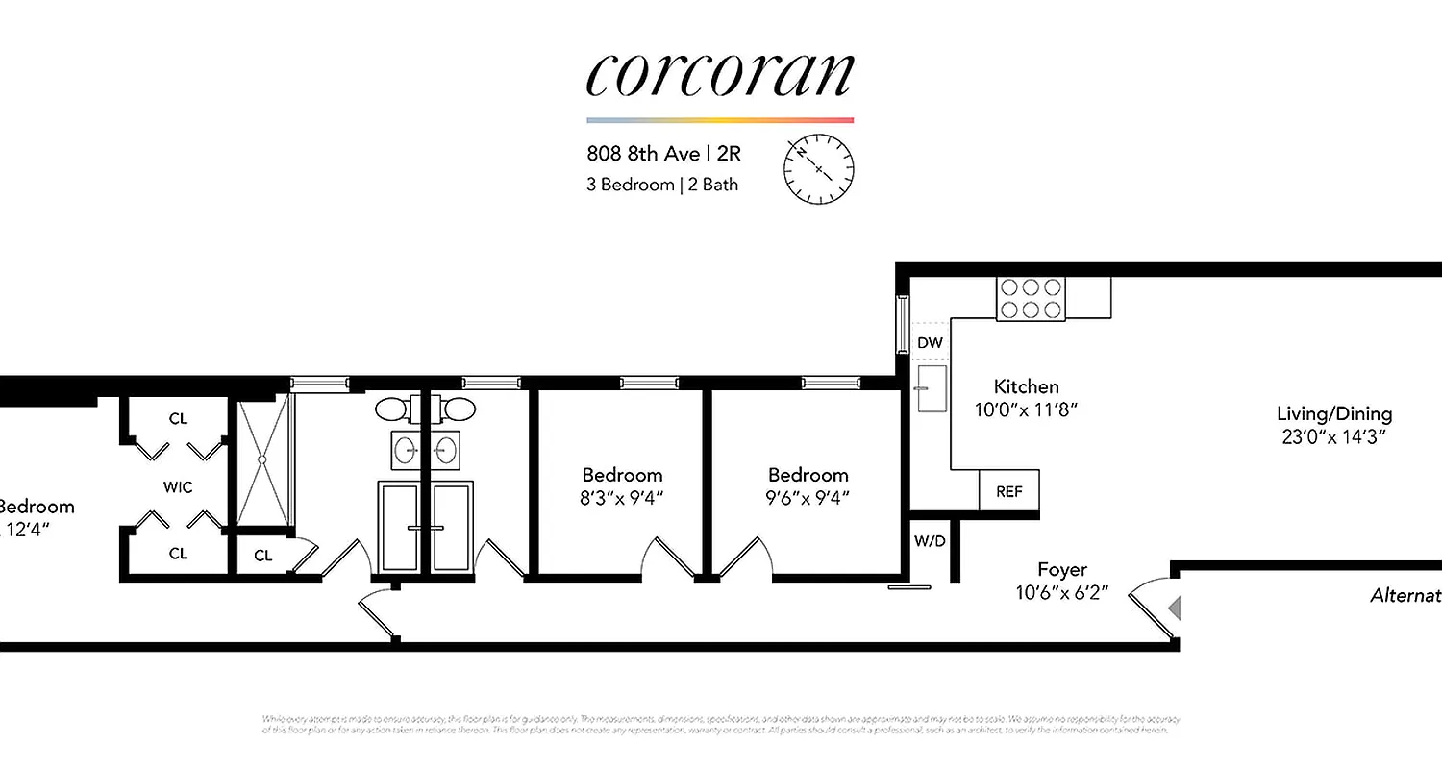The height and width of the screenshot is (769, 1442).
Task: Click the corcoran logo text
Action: click(719, 74)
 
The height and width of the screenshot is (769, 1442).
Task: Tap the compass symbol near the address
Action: click(818, 169)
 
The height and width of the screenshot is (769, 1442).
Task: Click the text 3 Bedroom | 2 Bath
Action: click(662, 184)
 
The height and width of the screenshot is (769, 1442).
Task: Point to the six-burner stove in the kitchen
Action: click(1031, 298)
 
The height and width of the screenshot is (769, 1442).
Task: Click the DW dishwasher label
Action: click(929, 343)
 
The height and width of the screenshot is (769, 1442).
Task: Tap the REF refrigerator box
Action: click(1008, 491)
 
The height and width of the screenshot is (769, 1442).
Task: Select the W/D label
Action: click(929, 541)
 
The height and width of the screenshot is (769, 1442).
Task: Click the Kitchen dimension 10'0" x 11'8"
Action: click(1026, 409)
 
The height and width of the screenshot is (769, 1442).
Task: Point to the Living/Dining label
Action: click(1333, 414)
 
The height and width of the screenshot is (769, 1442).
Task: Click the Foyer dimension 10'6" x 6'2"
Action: click(1062, 592)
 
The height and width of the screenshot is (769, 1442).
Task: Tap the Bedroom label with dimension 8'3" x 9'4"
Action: click(622, 475)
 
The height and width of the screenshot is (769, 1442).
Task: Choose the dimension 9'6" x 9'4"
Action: click(808, 497)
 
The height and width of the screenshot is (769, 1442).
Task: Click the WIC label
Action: click(178, 487)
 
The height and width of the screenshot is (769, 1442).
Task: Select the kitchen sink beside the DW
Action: click(931, 387)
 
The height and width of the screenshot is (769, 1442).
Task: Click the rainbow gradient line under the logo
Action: click(719, 120)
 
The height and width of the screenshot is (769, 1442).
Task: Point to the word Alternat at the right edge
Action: click(1405, 596)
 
